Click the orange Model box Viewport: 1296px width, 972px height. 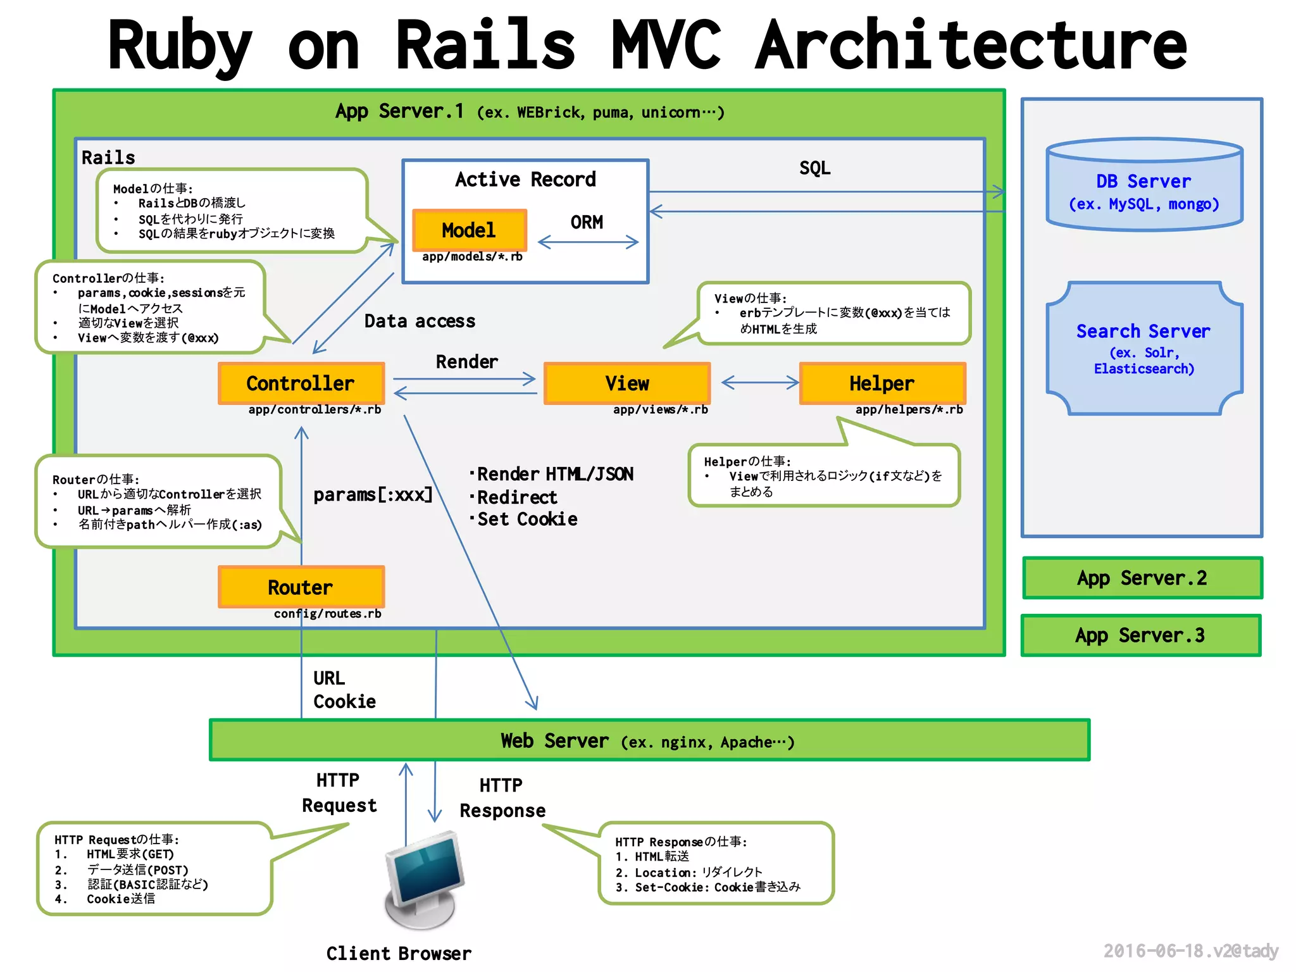pos(469,230)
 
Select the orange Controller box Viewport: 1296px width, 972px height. pos(301,383)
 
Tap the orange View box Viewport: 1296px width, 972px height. pos(626,383)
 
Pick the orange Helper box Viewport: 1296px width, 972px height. pos(882,383)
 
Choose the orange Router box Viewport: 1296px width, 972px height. pos(301,587)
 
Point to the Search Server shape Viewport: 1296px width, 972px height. pos(1144,348)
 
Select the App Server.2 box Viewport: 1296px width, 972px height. pos(1142,578)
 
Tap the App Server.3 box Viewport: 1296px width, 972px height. pos(1140,635)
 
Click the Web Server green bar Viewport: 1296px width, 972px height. pos(649,740)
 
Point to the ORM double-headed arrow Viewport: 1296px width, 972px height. pos(588,242)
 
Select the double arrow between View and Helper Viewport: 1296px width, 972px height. pos(760,382)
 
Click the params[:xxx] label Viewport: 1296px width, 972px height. pos(373,494)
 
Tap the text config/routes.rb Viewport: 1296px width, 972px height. pos(327,614)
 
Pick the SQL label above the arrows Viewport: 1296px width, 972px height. pos(814,168)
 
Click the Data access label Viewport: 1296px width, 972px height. pos(420,321)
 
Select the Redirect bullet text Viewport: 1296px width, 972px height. pos(516,497)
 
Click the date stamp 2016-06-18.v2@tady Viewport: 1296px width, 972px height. pos(1190,950)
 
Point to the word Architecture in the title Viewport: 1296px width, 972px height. pos(971,46)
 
